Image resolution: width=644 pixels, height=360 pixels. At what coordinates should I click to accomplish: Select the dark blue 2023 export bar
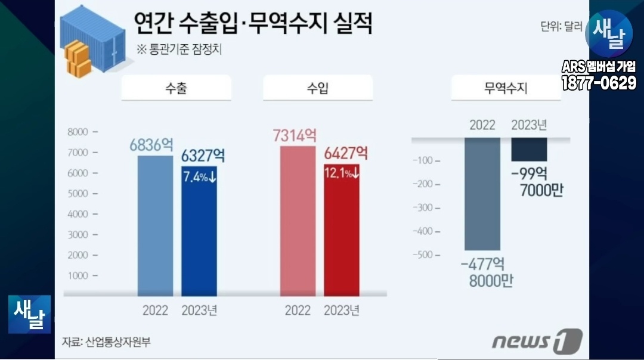(x=199, y=238)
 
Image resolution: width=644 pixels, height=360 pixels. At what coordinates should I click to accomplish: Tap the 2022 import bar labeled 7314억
(x=298, y=221)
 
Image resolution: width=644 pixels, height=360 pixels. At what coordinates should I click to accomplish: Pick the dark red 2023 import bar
(x=342, y=238)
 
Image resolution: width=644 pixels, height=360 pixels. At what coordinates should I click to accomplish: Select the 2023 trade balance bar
(x=529, y=150)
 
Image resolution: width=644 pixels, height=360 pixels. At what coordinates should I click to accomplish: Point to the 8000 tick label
(x=79, y=132)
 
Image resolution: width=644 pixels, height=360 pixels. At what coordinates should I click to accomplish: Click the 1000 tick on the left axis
(x=79, y=276)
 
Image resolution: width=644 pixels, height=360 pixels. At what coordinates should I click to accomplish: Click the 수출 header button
(x=177, y=89)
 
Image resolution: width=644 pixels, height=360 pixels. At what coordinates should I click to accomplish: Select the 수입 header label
(x=318, y=89)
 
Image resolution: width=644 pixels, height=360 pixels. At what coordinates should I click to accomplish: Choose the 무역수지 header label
(x=506, y=89)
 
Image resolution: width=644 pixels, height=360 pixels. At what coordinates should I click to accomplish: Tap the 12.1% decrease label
(x=342, y=173)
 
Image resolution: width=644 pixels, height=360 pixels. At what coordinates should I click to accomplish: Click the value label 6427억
(x=346, y=154)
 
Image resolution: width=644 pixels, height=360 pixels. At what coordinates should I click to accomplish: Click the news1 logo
(x=537, y=341)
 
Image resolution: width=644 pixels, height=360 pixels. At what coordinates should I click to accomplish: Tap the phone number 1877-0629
(x=599, y=83)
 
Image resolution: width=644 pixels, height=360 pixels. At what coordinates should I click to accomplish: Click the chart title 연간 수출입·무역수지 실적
(x=253, y=25)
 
